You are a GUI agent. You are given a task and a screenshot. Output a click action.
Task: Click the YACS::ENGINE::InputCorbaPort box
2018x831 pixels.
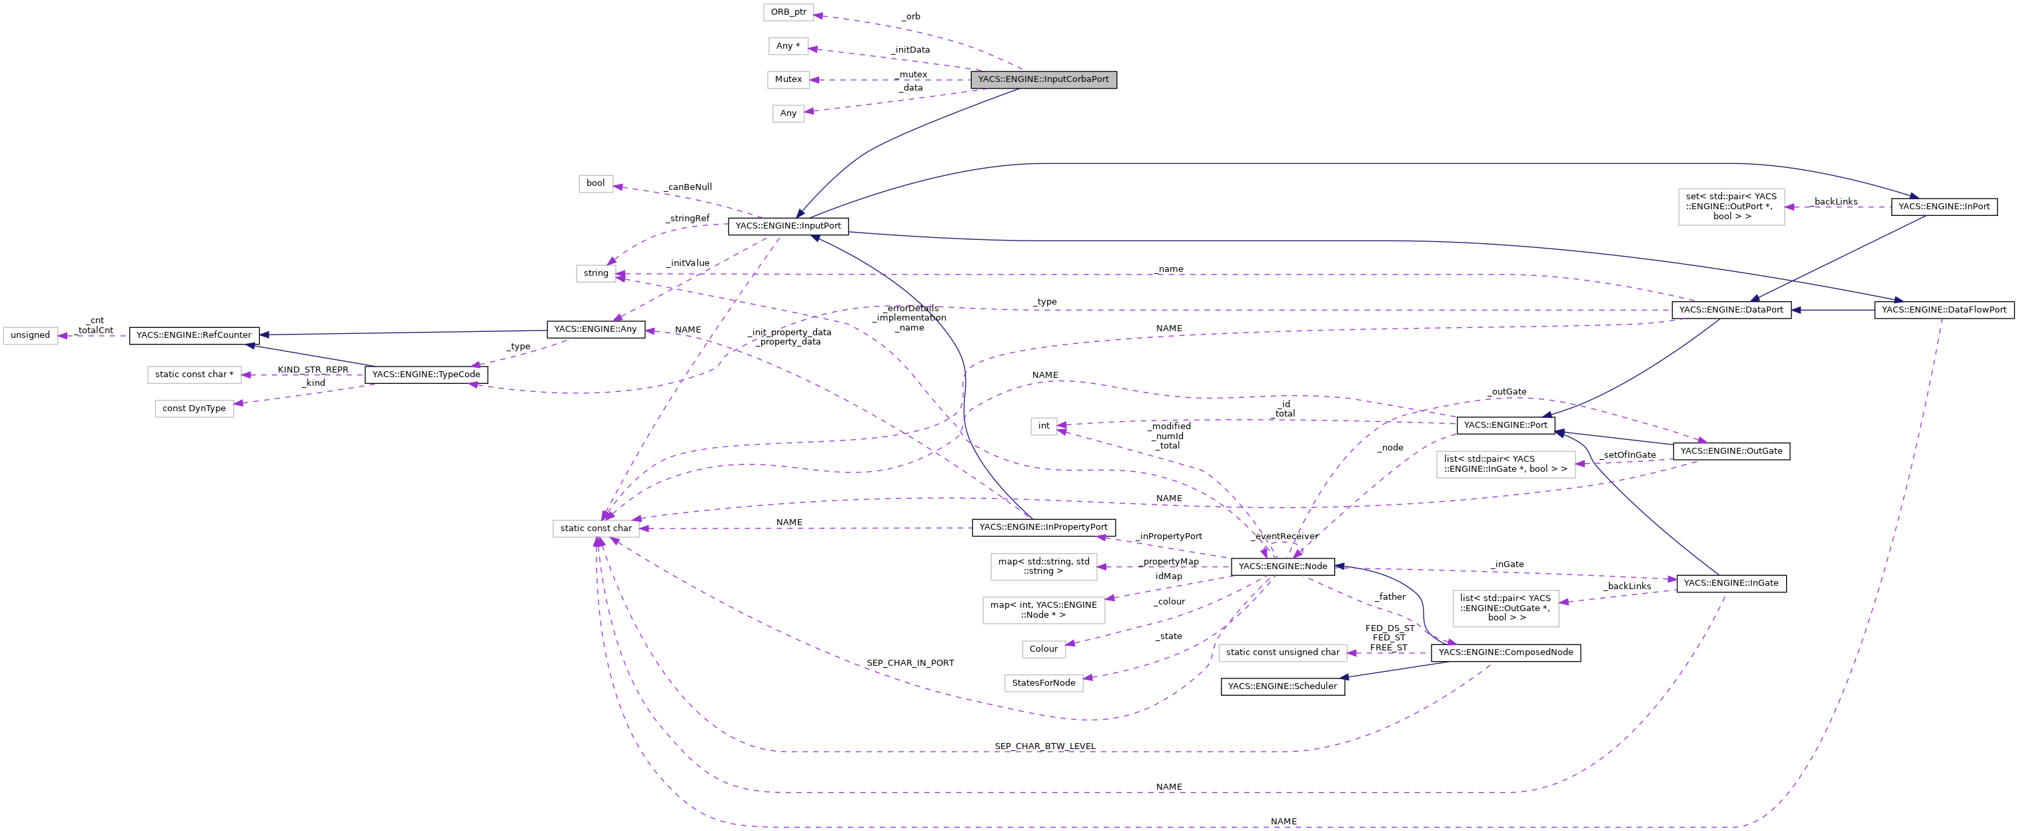tap(1043, 79)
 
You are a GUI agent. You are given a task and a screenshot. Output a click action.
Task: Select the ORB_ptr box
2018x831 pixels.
tap(788, 13)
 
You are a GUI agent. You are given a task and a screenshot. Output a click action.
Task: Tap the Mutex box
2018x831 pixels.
tap(788, 80)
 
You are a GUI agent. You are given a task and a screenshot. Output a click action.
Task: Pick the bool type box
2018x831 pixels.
tap(595, 183)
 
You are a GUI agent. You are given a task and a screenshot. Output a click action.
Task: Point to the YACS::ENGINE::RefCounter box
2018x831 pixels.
tap(193, 335)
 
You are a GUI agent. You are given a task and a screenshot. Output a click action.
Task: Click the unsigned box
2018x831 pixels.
tap(31, 335)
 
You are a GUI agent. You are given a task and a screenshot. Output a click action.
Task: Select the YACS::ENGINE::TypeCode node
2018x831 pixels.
tap(426, 375)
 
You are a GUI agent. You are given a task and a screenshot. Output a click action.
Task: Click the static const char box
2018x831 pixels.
tap(595, 528)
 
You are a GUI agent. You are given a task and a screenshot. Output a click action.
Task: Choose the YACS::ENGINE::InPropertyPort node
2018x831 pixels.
tap(1043, 527)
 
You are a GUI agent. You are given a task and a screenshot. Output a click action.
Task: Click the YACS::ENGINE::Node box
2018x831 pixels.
tap(1282, 566)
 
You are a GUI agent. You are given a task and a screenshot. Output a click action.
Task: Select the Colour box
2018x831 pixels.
tap(1043, 649)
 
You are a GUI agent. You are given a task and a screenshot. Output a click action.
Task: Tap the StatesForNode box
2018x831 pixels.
tap(1043, 683)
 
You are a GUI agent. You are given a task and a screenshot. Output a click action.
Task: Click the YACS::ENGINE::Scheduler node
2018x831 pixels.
tap(1282, 687)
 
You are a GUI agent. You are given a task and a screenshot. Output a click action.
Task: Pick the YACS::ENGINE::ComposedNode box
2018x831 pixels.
tap(1505, 652)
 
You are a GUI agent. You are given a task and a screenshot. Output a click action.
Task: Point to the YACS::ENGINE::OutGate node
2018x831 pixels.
tap(1731, 451)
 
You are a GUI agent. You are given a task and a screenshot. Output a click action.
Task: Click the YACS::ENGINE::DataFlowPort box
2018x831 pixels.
tap(1943, 310)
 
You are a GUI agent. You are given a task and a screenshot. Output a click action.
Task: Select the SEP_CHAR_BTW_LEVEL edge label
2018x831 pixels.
tap(1044, 746)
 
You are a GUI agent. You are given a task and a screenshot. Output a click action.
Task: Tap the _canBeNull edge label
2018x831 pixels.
tap(688, 187)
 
